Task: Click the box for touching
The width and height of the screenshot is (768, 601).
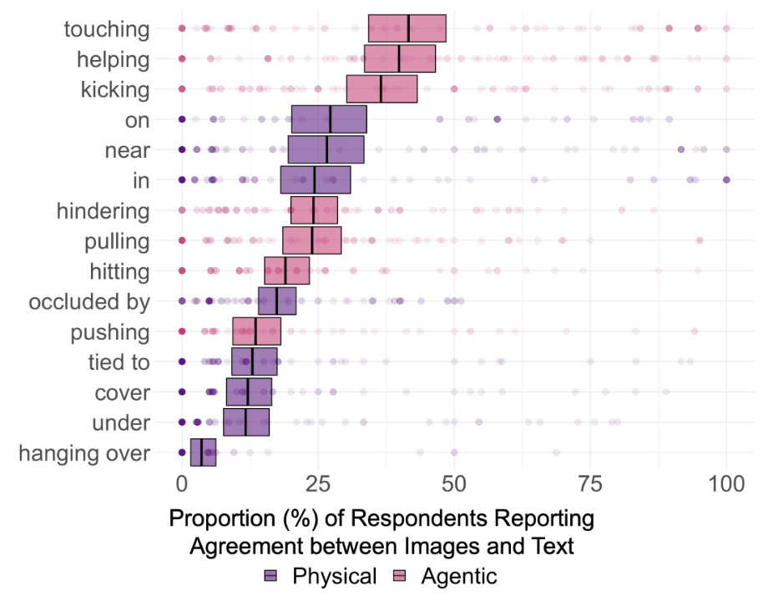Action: [x=407, y=28]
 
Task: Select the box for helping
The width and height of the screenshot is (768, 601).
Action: [x=400, y=58]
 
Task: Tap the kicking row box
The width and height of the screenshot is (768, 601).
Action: [x=381, y=88]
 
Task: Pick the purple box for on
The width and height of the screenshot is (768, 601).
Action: [x=329, y=119]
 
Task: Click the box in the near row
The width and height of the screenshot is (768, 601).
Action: [x=326, y=149]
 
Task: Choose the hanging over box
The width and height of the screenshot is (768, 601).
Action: [x=203, y=452]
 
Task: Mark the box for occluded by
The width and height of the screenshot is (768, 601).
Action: [x=277, y=300]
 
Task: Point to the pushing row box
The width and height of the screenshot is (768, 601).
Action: [x=256, y=331]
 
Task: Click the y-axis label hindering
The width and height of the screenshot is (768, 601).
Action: [x=103, y=210]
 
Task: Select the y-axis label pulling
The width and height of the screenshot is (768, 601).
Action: [x=117, y=241]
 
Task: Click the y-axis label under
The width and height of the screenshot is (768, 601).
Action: [x=124, y=423]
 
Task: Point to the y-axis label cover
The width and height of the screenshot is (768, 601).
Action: [x=124, y=392]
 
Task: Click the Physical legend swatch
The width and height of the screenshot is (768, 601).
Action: [x=272, y=576]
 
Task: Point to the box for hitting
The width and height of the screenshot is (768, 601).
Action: [x=286, y=270]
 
